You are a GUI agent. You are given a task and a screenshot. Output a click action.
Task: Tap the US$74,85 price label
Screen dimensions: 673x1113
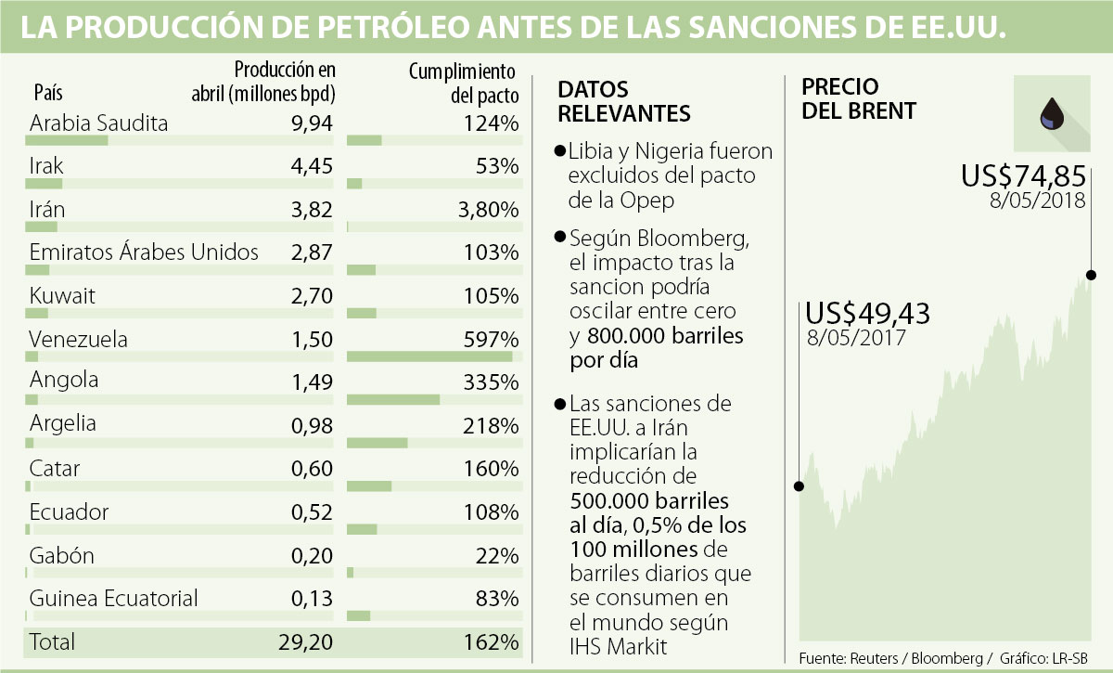tap(1023, 175)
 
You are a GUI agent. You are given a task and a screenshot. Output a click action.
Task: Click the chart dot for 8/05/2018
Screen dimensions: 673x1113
tap(1091, 275)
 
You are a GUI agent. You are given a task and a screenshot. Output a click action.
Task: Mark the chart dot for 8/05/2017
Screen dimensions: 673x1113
tap(800, 485)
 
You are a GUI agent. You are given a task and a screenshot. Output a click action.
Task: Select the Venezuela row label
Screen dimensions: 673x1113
tap(79, 339)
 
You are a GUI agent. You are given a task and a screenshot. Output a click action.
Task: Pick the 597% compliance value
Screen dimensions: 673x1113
tap(493, 339)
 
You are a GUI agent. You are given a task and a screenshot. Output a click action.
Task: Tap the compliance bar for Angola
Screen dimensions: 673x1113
tap(393, 399)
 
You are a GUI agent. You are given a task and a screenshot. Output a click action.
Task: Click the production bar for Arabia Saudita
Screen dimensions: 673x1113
tap(66, 140)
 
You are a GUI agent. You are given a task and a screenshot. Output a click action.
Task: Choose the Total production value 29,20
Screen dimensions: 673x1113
tap(304, 641)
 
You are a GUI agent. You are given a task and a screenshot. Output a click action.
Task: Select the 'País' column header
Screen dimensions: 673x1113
tap(48, 93)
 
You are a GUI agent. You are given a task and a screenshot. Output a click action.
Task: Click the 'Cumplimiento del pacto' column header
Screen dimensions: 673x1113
tap(462, 83)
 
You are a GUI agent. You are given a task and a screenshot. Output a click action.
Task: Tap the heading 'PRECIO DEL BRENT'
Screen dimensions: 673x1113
tap(859, 98)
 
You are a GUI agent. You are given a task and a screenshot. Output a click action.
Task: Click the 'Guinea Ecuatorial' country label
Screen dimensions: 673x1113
tap(114, 599)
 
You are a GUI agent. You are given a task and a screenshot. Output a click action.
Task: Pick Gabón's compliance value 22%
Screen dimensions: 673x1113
tap(498, 555)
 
